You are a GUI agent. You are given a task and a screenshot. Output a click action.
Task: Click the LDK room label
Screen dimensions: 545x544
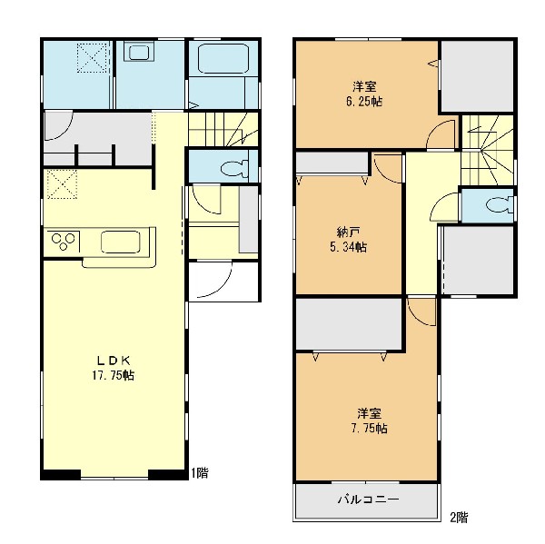(114, 361)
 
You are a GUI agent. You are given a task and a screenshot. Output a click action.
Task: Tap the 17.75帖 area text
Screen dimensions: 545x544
(114, 375)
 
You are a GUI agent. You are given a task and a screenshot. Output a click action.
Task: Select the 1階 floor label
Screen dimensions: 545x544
(200, 473)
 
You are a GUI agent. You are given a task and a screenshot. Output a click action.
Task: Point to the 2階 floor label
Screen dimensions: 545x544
(459, 518)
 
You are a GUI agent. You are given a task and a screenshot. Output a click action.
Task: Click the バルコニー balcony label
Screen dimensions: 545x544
(369, 499)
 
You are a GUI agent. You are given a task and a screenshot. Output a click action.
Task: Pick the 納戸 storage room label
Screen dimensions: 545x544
(348, 232)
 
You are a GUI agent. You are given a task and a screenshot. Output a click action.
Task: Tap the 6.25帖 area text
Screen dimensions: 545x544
(364, 102)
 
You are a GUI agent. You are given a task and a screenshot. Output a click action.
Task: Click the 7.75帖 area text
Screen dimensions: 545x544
(369, 429)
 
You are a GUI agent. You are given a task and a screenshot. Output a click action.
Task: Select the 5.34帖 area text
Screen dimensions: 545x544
(348, 247)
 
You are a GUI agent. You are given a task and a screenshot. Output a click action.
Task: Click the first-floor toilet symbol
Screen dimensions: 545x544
(235, 168)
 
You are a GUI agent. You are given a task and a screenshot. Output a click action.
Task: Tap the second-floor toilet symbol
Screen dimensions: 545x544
(500, 205)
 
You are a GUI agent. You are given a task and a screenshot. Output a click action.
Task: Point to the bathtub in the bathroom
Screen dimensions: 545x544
(223, 58)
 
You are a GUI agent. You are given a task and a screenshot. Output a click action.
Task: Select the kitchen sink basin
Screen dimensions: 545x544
(121, 242)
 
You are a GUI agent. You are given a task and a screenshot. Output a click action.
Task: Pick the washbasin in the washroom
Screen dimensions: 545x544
(139, 53)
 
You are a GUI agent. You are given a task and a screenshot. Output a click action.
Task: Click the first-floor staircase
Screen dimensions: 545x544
(223, 129)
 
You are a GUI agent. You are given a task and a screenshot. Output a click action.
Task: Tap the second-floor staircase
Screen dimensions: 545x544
(488, 150)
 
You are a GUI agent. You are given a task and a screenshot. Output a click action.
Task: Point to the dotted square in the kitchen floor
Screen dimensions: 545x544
(62, 184)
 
